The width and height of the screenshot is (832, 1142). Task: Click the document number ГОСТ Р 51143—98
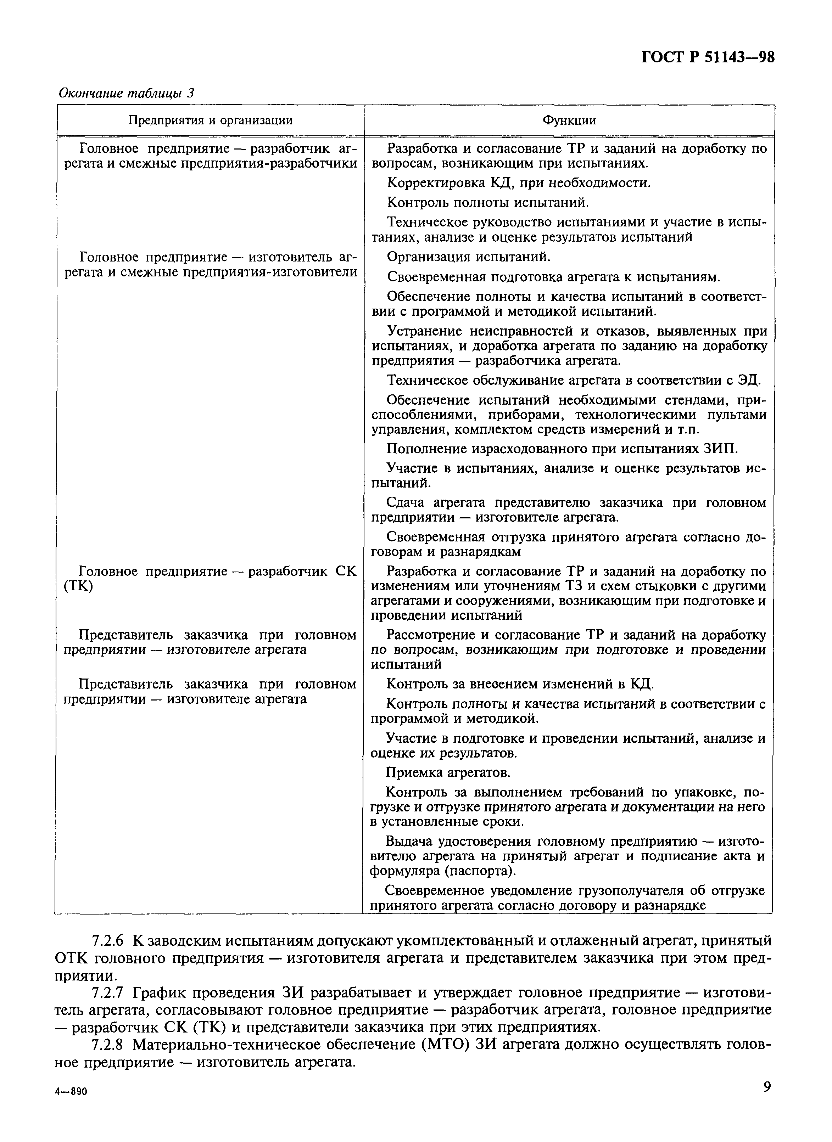[708, 57]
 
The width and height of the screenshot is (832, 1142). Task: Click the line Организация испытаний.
[468, 257]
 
